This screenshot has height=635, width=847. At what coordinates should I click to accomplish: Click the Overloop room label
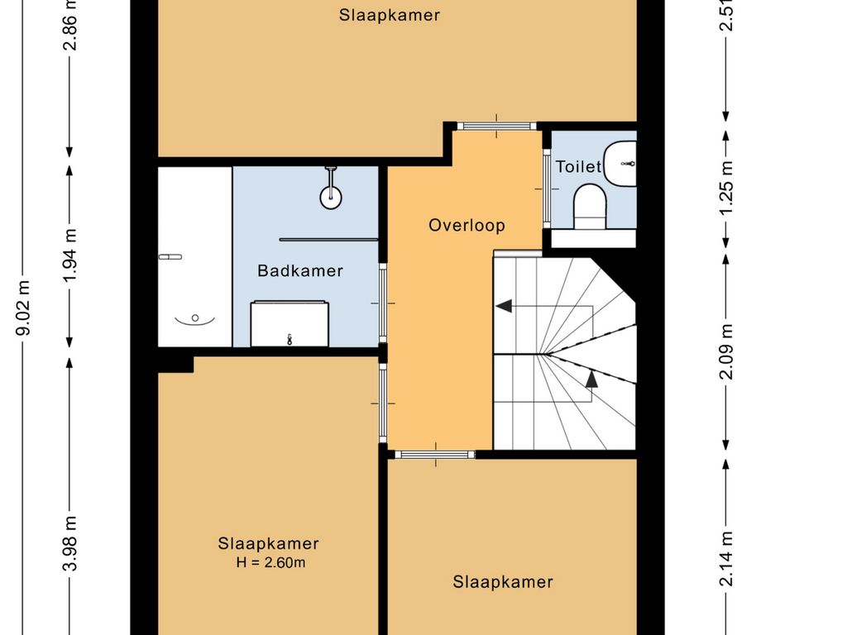tap(467, 225)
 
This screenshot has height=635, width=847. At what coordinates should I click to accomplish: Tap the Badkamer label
tap(300, 270)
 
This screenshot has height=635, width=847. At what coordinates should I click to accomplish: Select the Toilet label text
tap(578, 167)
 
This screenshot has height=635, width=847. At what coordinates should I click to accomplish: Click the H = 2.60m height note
tap(270, 562)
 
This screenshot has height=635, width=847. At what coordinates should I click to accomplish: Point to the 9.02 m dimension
tap(23, 308)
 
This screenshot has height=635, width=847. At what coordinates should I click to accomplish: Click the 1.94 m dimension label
tap(70, 255)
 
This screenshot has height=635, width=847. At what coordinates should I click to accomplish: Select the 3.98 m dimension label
tap(70, 544)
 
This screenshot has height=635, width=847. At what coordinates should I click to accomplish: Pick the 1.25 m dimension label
tap(727, 188)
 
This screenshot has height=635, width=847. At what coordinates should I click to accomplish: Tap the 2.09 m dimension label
tap(727, 351)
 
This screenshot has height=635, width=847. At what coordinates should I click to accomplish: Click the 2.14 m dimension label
tap(727, 559)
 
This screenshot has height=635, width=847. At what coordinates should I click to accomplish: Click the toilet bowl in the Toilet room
tap(590, 206)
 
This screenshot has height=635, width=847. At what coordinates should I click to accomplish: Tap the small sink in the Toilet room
tap(620, 163)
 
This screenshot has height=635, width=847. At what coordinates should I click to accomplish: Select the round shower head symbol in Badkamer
tap(331, 198)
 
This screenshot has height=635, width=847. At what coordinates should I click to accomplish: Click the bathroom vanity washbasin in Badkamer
tap(290, 324)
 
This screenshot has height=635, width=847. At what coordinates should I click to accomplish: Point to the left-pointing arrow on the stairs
tap(504, 306)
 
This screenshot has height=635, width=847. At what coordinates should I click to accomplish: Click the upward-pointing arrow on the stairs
tap(592, 379)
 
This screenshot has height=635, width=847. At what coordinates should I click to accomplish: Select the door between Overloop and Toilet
tap(546, 189)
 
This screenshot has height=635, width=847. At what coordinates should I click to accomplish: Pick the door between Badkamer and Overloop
tap(383, 303)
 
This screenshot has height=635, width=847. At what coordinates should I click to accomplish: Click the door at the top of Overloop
tap(496, 127)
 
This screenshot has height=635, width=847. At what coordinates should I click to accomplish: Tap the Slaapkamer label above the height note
tap(269, 543)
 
